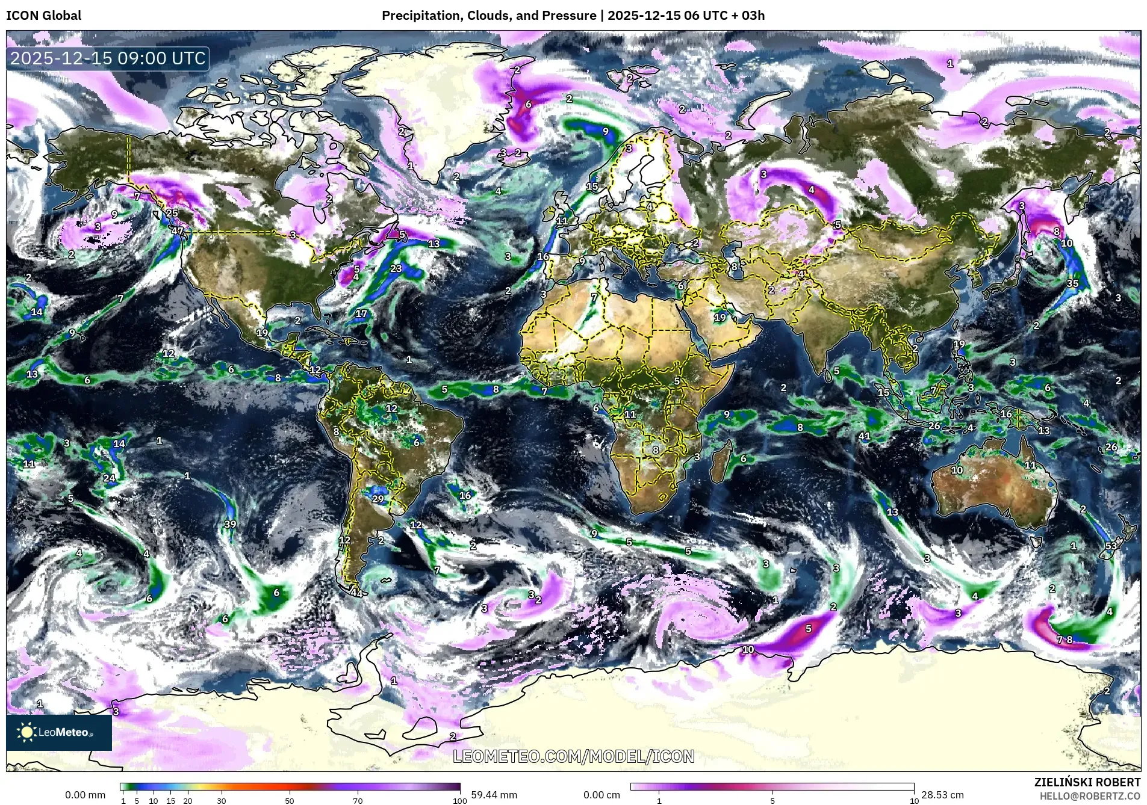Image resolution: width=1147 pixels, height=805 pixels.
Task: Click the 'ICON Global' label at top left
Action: tap(43, 16)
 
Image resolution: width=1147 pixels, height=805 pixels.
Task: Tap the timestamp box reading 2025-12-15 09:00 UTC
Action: tap(108, 58)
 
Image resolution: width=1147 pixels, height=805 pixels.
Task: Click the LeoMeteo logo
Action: tap(58, 732)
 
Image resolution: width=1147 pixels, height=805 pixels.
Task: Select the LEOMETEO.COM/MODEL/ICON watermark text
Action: tap(573, 756)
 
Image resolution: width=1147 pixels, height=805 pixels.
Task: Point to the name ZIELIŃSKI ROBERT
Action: tap(1087, 782)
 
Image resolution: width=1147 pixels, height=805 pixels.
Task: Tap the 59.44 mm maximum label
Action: tap(494, 795)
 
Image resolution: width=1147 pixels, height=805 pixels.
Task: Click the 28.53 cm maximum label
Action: tap(942, 795)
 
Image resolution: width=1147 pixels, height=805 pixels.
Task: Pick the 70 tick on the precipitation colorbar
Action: tap(358, 800)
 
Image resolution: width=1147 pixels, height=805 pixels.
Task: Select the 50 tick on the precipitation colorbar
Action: tap(290, 800)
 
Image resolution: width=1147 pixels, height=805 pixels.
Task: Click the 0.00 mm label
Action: tap(85, 795)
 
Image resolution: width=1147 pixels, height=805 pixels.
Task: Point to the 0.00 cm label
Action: tap(601, 795)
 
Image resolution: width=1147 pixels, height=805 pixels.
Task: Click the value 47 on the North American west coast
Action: tap(177, 230)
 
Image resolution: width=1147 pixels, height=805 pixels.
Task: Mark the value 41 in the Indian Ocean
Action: tap(865, 436)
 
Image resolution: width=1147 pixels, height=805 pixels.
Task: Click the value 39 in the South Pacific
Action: tap(230, 524)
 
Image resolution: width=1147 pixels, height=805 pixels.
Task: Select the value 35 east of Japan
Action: tap(1072, 283)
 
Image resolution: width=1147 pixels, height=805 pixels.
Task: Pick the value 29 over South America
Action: tap(378, 499)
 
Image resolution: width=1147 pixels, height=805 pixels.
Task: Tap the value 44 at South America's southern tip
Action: tap(356, 593)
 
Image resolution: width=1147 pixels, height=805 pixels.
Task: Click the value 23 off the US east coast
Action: tap(396, 268)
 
